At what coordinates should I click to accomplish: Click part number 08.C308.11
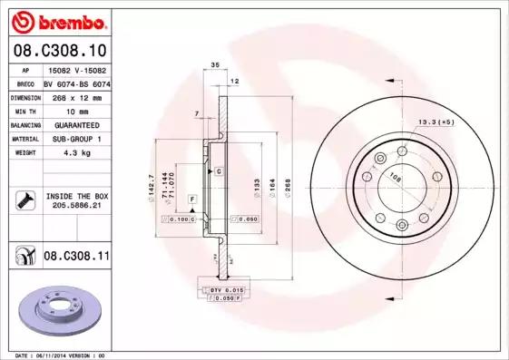(76, 257)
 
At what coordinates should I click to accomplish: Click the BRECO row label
(25, 83)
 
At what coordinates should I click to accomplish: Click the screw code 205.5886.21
(76, 206)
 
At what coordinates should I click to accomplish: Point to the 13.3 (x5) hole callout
(435, 121)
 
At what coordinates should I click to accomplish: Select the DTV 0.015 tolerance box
(221, 288)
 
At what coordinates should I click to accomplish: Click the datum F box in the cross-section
(191, 198)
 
